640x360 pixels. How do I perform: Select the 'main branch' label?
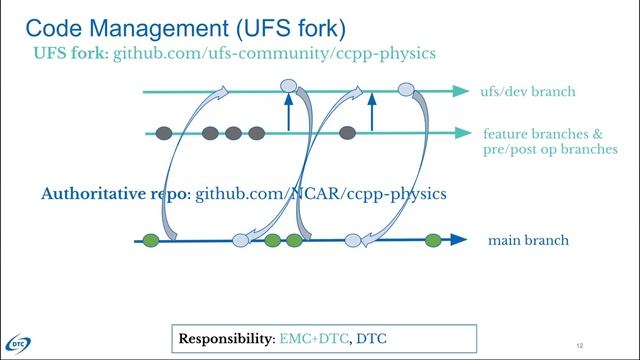pos(528,240)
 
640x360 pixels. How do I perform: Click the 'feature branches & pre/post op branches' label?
pos(549,141)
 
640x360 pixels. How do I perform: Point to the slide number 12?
pos(580,343)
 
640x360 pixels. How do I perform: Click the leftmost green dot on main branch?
pos(151,240)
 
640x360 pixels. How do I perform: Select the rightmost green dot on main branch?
pos(433,240)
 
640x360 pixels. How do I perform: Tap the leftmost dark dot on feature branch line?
pos(164,132)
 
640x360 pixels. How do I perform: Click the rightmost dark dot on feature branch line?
pos(347,132)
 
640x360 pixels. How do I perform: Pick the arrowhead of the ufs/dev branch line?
pos(461,91)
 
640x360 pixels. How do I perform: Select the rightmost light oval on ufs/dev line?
pos(406,90)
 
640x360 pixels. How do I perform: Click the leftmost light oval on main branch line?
pos(241,240)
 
